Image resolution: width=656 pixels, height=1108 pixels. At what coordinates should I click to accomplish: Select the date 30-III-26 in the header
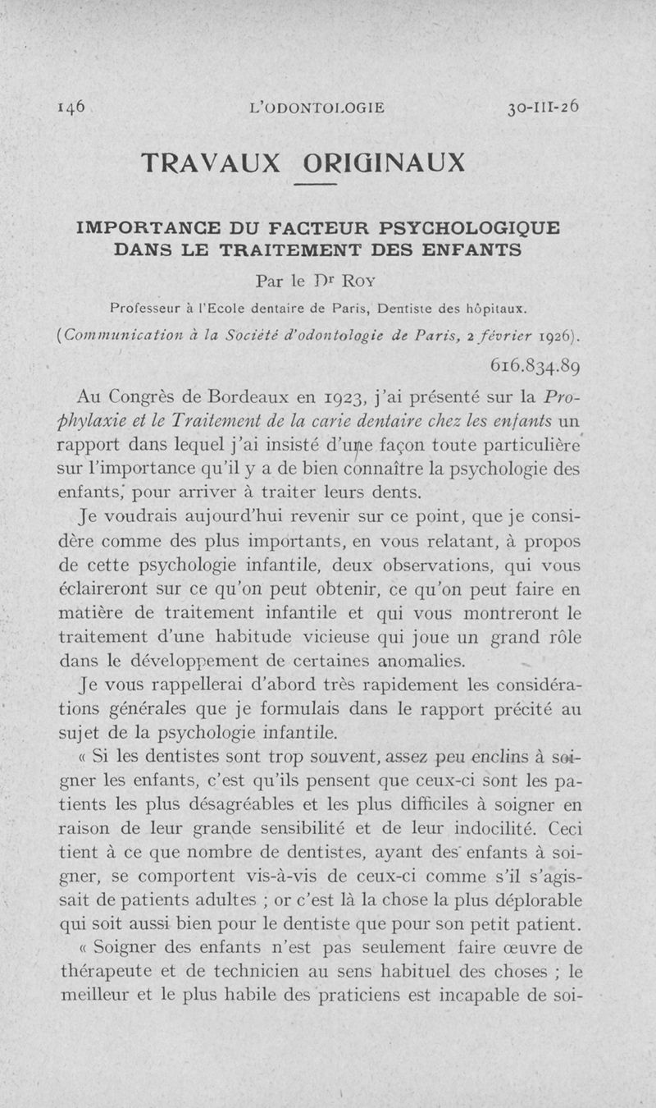[x=543, y=107]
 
